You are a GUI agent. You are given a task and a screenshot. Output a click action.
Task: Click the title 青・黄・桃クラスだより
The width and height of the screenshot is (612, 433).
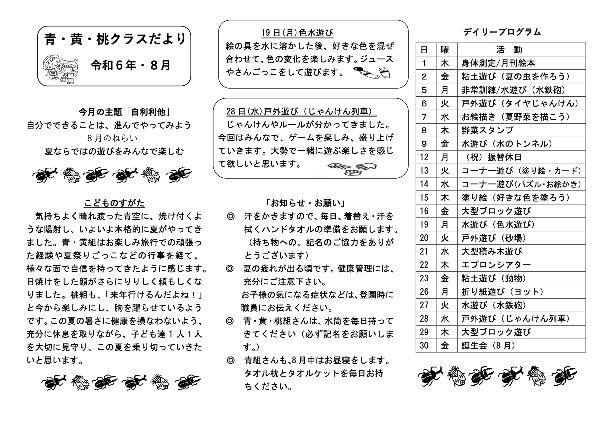[x=115, y=39]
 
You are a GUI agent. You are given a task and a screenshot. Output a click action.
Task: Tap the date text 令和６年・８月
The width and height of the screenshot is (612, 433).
[x=131, y=65]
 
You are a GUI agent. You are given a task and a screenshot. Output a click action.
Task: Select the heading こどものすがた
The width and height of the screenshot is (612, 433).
[x=114, y=203]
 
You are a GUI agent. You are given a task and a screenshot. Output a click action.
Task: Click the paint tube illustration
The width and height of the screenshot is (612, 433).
[x=372, y=72]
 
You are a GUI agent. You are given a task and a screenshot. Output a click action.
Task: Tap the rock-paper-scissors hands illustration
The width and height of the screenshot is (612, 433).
[x=352, y=169]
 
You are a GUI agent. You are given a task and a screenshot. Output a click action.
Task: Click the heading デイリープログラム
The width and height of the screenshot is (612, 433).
[x=502, y=32]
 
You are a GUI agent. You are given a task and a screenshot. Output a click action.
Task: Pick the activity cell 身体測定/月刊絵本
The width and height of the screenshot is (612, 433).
[x=498, y=63]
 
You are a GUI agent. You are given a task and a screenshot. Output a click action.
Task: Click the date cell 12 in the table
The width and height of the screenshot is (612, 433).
[x=424, y=157]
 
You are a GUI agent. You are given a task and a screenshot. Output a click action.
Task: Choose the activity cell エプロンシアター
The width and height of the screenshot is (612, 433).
[x=496, y=265]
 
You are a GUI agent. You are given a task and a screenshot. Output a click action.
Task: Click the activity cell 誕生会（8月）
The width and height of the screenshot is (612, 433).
[x=488, y=346]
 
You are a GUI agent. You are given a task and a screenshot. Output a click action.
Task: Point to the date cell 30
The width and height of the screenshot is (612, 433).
[x=424, y=346]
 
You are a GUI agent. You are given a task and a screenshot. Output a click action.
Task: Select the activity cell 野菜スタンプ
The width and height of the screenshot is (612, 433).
[x=487, y=130]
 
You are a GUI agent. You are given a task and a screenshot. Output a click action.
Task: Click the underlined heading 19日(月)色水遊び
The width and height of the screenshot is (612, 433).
[x=297, y=33]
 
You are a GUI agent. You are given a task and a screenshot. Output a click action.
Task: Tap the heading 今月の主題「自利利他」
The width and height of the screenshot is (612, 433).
[x=125, y=112]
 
